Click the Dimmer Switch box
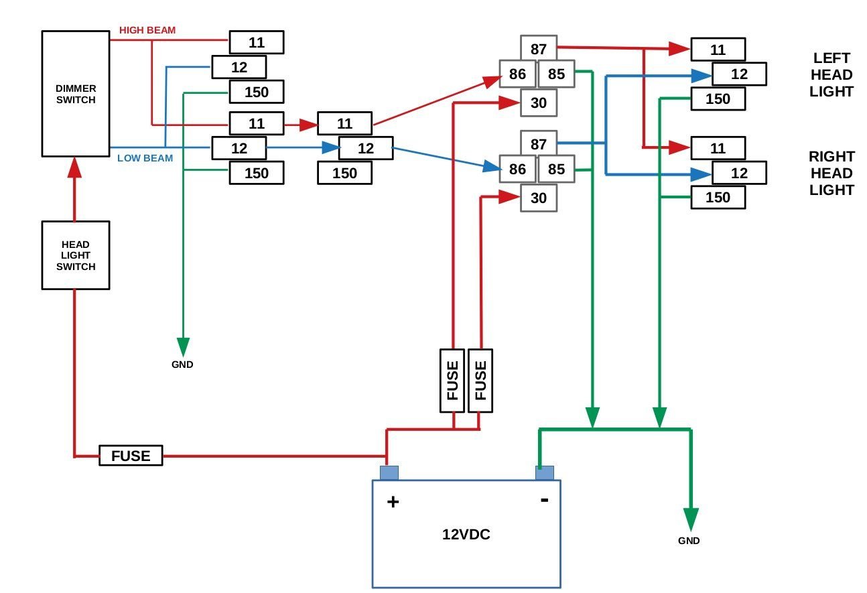(x=76, y=94)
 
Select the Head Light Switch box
(x=76, y=255)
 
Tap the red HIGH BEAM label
(x=147, y=31)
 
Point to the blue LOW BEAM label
(x=145, y=159)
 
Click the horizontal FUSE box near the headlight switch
(x=131, y=456)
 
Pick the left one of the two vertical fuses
(x=452, y=381)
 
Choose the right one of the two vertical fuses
(x=480, y=381)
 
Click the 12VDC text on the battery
(x=466, y=535)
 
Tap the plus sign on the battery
(x=393, y=501)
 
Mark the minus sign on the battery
(x=545, y=499)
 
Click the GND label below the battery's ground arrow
(x=689, y=541)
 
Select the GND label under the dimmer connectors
(x=182, y=365)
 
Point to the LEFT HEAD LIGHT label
(x=831, y=75)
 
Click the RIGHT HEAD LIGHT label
(x=831, y=174)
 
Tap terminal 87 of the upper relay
(x=539, y=49)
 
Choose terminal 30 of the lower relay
(x=539, y=198)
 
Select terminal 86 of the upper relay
(x=517, y=74)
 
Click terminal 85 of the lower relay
(x=556, y=170)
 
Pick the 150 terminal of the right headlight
(x=718, y=198)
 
